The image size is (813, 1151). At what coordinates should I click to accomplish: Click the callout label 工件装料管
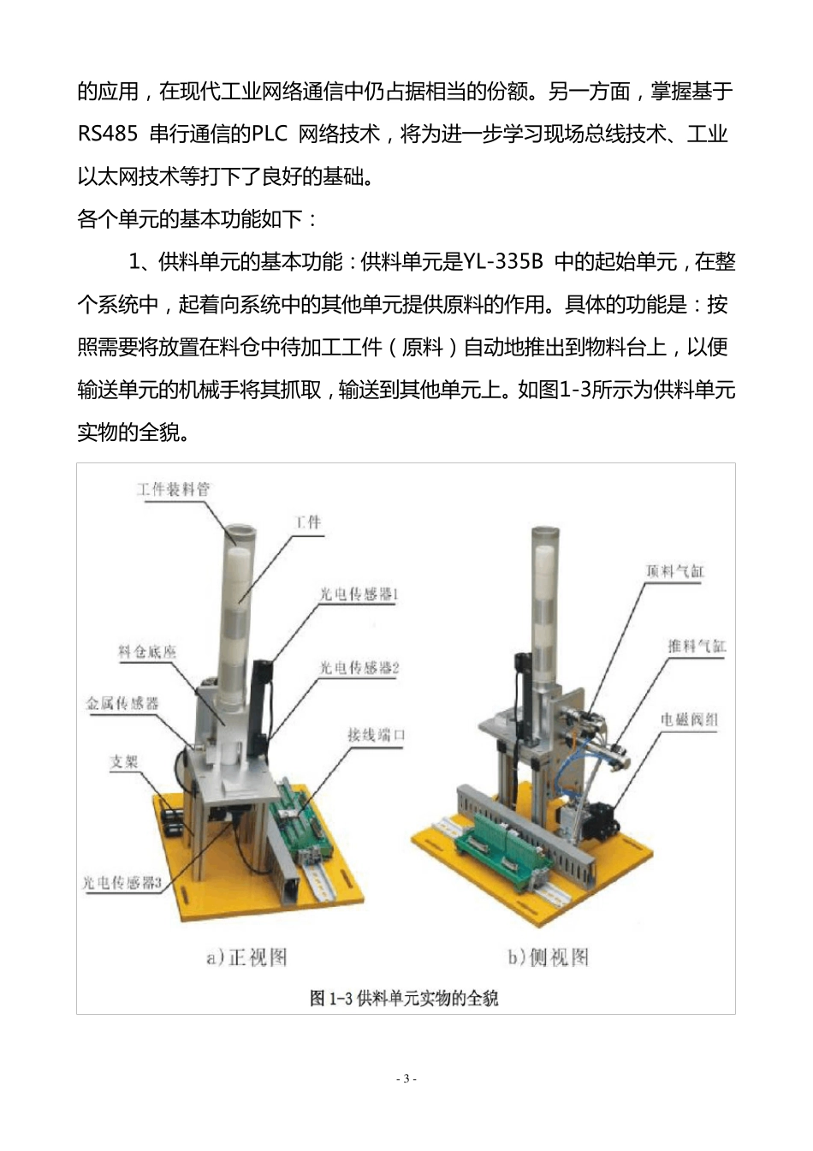(x=173, y=490)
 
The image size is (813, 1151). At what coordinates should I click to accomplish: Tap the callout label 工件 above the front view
(x=308, y=522)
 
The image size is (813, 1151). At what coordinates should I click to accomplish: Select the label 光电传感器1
(x=359, y=594)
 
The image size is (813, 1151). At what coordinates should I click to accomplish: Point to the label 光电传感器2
(x=359, y=668)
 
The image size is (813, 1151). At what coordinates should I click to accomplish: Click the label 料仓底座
(x=147, y=653)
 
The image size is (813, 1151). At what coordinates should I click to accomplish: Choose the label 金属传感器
(x=122, y=704)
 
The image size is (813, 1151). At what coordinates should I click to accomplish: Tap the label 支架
(x=124, y=761)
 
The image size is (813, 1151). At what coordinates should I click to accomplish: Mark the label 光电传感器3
(x=122, y=883)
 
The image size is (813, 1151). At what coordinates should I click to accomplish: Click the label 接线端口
(x=376, y=735)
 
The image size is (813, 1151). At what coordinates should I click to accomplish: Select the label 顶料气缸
(x=674, y=571)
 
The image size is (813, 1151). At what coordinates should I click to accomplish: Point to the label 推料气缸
(x=697, y=647)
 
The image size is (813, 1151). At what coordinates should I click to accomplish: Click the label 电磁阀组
(x=689, y=720)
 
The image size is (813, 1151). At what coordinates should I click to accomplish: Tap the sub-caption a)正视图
(x=246, y=957)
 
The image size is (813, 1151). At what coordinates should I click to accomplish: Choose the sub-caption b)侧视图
(x=548, y=957)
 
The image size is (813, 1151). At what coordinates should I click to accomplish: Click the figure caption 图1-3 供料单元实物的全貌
(x=404, y=998)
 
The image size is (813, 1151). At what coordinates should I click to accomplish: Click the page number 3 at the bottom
(x=406, y=1078)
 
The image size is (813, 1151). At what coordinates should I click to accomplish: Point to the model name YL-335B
(x=503, y=262)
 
